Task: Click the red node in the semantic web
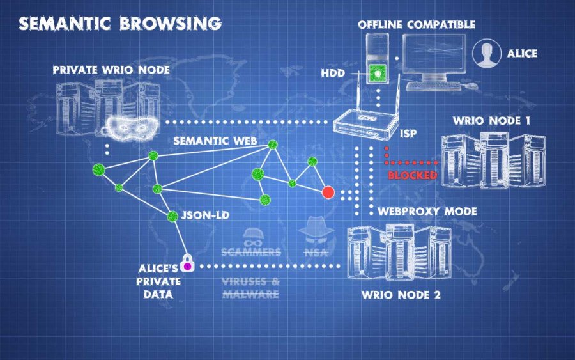point(328,192)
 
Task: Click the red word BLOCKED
point(412,175)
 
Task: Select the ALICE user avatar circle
point(487,54)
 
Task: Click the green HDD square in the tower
point(379,74)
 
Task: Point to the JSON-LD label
point(206,215)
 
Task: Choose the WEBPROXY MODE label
point(427,211)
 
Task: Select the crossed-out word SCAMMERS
point(251,251)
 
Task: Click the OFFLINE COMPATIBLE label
point(416,24)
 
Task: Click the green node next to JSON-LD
point(172,216)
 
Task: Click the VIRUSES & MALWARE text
point(250,288)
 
